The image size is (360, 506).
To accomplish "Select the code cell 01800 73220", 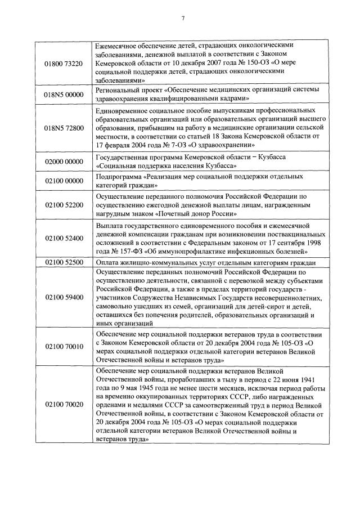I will point(63,64).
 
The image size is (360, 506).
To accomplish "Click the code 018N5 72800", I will point(63,128).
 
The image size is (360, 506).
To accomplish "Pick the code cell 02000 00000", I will point(63,161).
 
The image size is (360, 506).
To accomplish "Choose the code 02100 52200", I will point(63,205).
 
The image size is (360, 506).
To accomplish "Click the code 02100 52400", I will point(63,238).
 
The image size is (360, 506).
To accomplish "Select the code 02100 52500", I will point(63,262).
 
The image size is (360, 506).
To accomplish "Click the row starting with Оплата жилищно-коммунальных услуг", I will point(205,262).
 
